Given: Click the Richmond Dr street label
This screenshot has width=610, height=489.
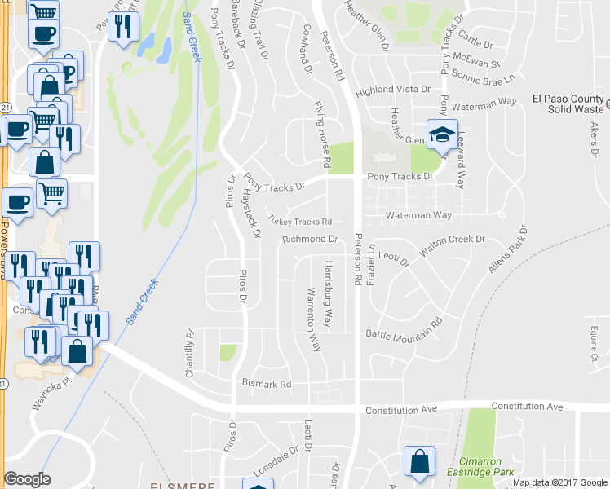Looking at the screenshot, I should pos(310,240).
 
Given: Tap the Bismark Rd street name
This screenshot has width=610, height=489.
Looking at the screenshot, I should pos(266,384).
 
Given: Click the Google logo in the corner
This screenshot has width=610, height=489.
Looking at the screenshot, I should pos(28,479).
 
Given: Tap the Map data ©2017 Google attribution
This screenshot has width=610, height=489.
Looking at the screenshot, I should pos(559,482).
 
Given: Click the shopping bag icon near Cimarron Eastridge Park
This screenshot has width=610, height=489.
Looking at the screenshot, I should pos(419,460).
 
